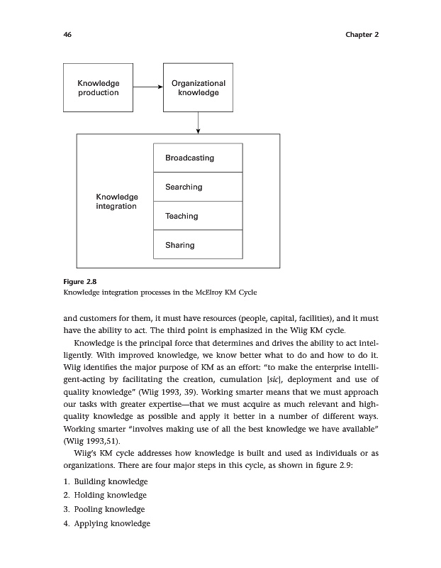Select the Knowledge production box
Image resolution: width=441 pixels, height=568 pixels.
point(98,87)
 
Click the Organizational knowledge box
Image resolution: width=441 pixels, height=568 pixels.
point(198,87)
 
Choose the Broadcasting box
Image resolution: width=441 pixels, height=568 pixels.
point(198,158)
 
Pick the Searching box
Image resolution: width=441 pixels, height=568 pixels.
point(198,187)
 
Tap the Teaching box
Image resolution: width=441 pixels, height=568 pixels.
point(198,216)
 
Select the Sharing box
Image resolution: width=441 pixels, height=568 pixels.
point(198,245)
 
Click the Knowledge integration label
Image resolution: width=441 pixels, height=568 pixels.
point(116,201)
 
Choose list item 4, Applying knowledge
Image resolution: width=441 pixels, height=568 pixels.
point(107,523)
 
